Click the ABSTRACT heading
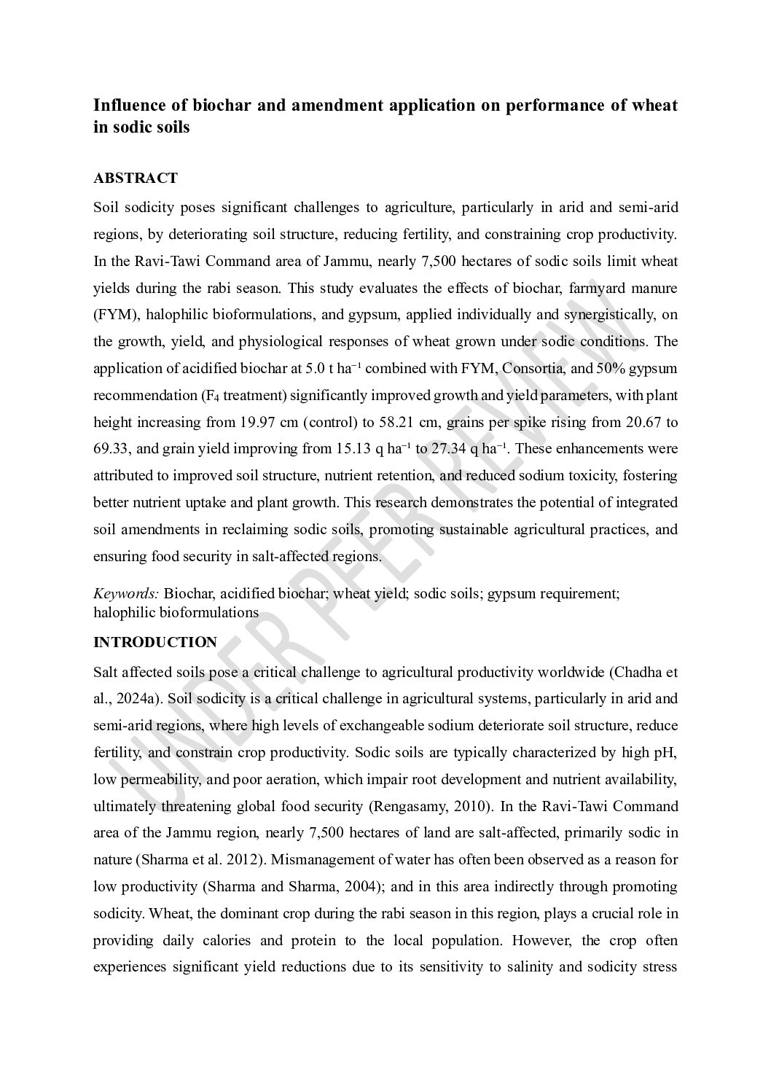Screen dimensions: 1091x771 point(136,179)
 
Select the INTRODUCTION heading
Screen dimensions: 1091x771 point(155,642)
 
